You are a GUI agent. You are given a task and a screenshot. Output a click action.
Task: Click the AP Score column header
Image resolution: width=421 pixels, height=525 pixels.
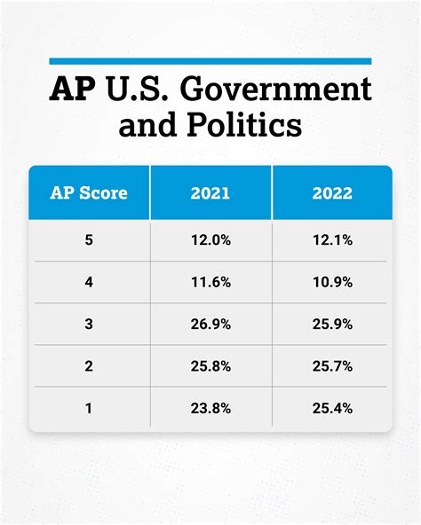pos(89,192)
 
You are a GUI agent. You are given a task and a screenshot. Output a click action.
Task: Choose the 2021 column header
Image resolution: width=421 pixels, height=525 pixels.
pos(210,192)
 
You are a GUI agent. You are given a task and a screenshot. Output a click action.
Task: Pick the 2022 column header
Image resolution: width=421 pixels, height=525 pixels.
pos(332,192)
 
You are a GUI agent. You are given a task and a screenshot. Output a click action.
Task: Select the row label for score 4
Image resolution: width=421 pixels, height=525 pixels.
pos(89,283)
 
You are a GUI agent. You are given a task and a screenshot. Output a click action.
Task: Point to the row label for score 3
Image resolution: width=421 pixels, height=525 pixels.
pos(89,325)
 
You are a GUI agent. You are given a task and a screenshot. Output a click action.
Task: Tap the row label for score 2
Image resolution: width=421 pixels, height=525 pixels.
pos(89,366)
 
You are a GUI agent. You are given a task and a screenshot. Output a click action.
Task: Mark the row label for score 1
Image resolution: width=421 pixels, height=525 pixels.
pos(89,408)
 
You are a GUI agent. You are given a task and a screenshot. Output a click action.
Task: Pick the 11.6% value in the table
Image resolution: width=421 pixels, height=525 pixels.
pos(210,283)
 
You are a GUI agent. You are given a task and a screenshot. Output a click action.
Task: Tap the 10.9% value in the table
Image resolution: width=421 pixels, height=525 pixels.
pos(332,283)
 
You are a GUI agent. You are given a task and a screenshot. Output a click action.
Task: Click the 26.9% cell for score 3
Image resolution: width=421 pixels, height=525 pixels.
pos(210,325)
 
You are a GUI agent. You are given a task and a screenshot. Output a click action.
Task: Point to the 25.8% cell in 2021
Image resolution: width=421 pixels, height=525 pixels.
pos(210,366)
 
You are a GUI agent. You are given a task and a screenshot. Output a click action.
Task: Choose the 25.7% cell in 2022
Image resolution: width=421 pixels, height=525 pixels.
pos(332,366)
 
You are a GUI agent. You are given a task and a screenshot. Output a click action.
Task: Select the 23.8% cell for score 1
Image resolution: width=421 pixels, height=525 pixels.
pos(210,408)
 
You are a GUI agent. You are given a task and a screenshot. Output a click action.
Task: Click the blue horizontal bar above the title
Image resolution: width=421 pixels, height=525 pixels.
pos(210,60)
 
